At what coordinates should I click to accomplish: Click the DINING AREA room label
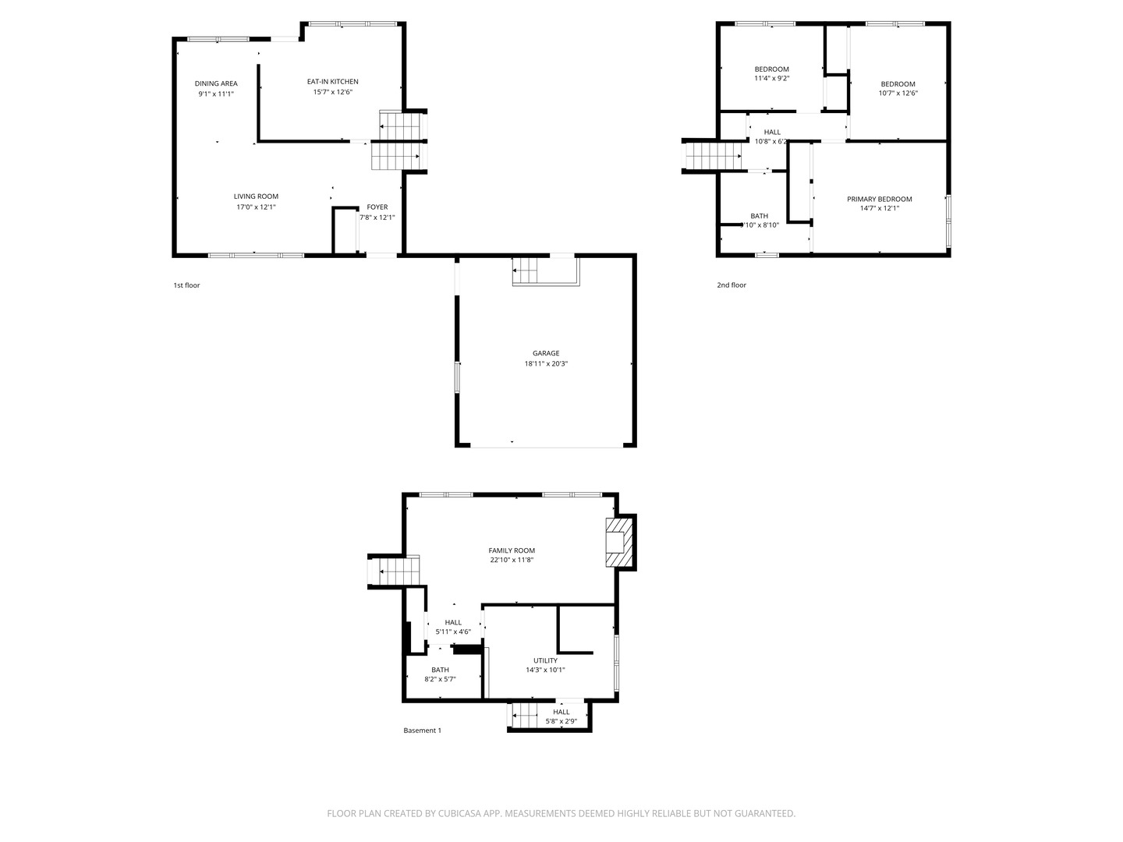(216, 83)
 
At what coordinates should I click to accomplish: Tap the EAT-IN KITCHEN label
(332, 82)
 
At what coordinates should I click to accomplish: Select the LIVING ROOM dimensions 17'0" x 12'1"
(256, 207)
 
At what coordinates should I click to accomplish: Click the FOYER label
(377, 207)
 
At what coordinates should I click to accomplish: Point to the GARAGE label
(546, 353)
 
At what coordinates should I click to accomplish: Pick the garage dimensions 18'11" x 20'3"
(546, 364)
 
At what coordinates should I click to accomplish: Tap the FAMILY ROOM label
(512, 550)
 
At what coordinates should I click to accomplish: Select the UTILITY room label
(545, 660)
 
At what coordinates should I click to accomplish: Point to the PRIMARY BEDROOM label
(879, 199)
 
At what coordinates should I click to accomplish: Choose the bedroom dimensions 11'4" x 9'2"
(771, 79)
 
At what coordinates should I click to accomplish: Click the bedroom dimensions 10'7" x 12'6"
(898, 94)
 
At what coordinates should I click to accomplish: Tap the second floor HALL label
(772, 133)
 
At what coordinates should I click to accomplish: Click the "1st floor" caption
(186, 285)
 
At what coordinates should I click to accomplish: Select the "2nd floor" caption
(732, 285)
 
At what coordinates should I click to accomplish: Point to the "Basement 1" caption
(422, 731)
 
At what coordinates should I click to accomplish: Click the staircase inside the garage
(525, 274)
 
